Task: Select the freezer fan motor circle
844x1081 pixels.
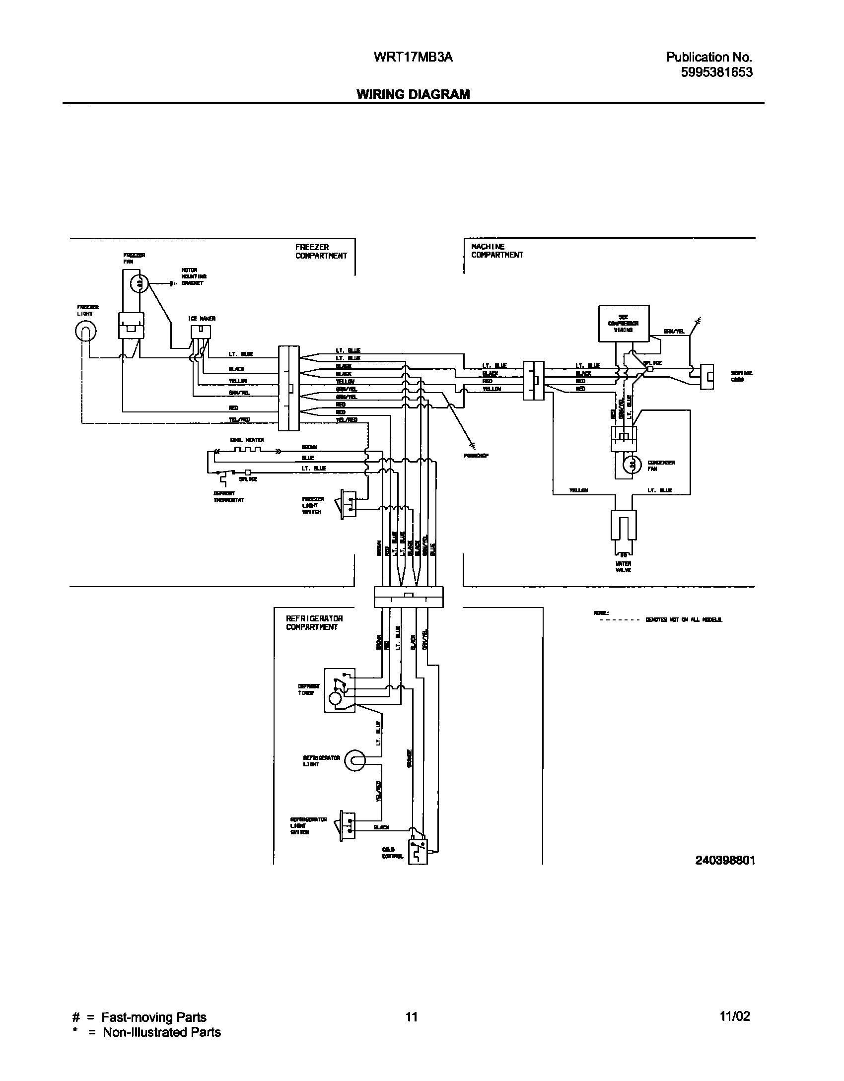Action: (139, 283)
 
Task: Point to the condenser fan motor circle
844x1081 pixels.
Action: (632, 464)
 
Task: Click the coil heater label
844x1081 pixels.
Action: (247, 440)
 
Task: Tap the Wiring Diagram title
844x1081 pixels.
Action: (413, 94)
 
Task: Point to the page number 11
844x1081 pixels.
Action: (411, 1016)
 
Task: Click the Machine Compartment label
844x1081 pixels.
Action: (496, 251)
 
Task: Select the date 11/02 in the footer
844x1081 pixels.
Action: (735, 1016)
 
